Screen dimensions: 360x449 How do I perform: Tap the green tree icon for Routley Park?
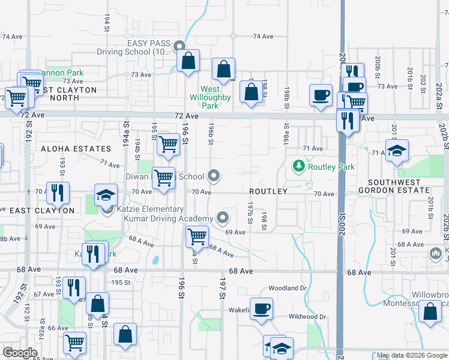pyautogui.click(x=297, y=165)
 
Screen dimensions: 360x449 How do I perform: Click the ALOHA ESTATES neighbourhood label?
pyautogui.click(x=76, y=148)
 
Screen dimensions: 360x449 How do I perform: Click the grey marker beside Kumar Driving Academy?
pyautogui.click(x=223, y=217)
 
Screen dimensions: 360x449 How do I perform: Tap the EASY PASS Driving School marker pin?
pyautogui.click(x=179, y=46)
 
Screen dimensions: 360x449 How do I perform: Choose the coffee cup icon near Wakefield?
pyautogui.click(x=261, y=309)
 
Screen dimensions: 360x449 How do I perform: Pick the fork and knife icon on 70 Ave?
pyautogui.click(x=58, y=193)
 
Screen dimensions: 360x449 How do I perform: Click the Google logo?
pyautogui.click(x=20, y=353)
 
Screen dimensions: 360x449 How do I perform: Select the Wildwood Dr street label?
pyautogui.click(x=306, y=316)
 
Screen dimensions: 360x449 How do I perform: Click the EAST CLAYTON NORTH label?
pyautogui.click(x=66, y=94)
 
